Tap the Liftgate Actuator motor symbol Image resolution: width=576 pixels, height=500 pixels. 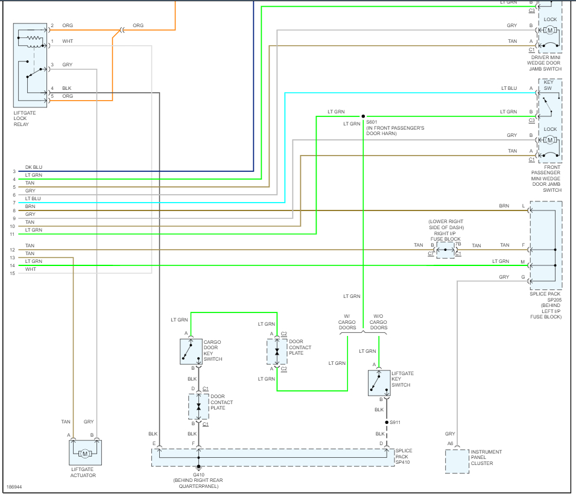click(85, 453)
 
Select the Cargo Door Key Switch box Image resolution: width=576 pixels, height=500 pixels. click(191, 351)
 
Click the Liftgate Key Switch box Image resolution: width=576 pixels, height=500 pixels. click(379, 382)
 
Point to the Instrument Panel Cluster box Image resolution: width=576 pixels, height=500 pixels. click(457, 461)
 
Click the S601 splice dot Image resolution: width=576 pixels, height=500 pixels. click(363, 116)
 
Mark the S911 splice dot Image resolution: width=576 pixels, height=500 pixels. click(387, 422)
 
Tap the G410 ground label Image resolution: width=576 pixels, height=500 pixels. click(198, 474)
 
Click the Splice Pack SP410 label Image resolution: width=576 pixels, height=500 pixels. click(404, 457)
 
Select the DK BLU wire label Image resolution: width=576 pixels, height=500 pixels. click(34, 167)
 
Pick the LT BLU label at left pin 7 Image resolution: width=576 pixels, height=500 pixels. click(33, 198)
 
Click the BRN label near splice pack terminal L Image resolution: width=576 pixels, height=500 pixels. click(504, 206)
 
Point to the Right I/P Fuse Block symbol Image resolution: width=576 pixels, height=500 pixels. click(445, 250)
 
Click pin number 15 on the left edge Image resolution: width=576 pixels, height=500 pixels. click(12, 273)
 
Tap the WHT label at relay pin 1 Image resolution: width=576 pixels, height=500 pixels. click(67, 42)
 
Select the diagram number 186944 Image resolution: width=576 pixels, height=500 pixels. click(15, 486)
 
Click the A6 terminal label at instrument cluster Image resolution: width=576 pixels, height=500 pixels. click(450, 443)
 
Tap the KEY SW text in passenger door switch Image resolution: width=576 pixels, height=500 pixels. click(548, 86)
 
